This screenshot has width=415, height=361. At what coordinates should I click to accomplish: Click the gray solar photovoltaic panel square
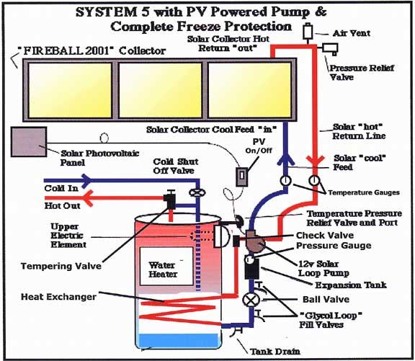point(29,142)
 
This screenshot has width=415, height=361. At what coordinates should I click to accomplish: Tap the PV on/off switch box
point(241,177)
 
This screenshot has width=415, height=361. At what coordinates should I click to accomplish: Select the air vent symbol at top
point(308,32)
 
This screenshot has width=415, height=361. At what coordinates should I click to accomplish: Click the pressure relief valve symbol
point(330,49)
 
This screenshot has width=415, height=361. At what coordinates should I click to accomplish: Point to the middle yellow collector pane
point(161,90)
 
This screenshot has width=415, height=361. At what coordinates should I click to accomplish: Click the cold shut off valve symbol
point(197,192)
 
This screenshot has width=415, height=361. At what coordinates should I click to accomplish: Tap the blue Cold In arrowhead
point(86,181)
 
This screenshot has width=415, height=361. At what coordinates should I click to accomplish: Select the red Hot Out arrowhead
point(88,198)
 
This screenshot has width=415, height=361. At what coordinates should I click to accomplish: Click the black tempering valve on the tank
point(169,200)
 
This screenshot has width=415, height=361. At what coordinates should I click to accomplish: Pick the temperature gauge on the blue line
point(285,181)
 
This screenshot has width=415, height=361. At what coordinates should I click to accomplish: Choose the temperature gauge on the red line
point(314,181)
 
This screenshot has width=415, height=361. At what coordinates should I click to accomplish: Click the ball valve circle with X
point(251,300)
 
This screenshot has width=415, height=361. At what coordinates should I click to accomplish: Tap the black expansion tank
point(251,269)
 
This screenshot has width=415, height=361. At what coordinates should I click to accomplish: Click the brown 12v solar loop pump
point(254,241)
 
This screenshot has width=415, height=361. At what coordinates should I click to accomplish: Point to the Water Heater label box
point(166,267)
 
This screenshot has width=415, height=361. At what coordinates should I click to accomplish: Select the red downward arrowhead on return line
point(315,161)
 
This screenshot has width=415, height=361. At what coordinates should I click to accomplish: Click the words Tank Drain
point(275,352)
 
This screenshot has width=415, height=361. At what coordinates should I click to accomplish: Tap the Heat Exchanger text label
point(58,297)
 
